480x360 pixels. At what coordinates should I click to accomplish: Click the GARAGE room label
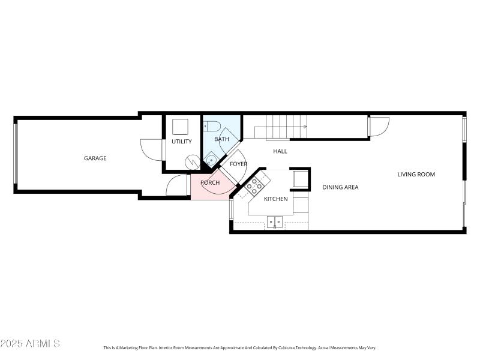coord(95,158)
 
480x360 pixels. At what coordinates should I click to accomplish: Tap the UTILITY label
coord(182,142)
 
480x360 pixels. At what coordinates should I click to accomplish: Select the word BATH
coord(221,140)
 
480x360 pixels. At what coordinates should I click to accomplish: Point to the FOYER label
coord(238,164)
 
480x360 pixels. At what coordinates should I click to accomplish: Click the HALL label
coord(280,151)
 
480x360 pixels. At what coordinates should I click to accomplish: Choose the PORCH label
coord(210,182)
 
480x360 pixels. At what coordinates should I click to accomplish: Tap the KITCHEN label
coord(276,199)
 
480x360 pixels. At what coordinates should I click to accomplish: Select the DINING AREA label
coord(340,187)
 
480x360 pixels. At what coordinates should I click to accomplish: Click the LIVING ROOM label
coord(416,175)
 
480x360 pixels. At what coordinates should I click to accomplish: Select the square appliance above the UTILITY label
coord(181,126)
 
